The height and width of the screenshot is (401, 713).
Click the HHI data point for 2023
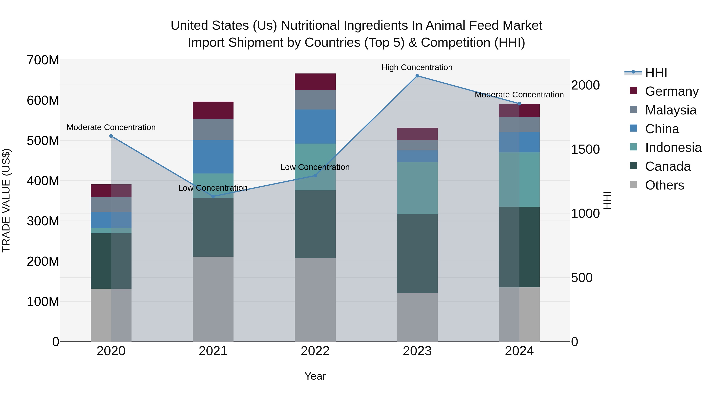click(x=417, y=76)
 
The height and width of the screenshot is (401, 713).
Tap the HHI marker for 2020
click(x=111, y=136)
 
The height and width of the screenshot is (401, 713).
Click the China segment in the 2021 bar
click(x=213, y=157)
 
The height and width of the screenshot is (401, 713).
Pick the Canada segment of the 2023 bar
click(x=417, y=253)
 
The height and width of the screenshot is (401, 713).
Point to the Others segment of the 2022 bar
click(x=315, y=300)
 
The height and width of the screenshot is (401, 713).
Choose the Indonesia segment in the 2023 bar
click(x=417, y=188)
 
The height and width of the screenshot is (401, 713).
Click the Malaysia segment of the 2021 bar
click(x=213, y=129)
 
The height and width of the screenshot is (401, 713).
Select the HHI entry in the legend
click(x=656, y=72)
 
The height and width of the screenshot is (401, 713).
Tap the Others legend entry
click(x=664, y=185)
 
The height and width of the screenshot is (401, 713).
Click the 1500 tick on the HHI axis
click(x=585, y=150)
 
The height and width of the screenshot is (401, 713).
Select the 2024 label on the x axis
click(x=519, y=351)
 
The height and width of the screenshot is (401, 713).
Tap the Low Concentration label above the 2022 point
click(x=315, y=167)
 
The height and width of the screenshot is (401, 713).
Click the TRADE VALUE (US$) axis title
click(x=6, y=200)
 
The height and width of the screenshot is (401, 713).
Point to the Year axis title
click(x=315, y=376)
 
